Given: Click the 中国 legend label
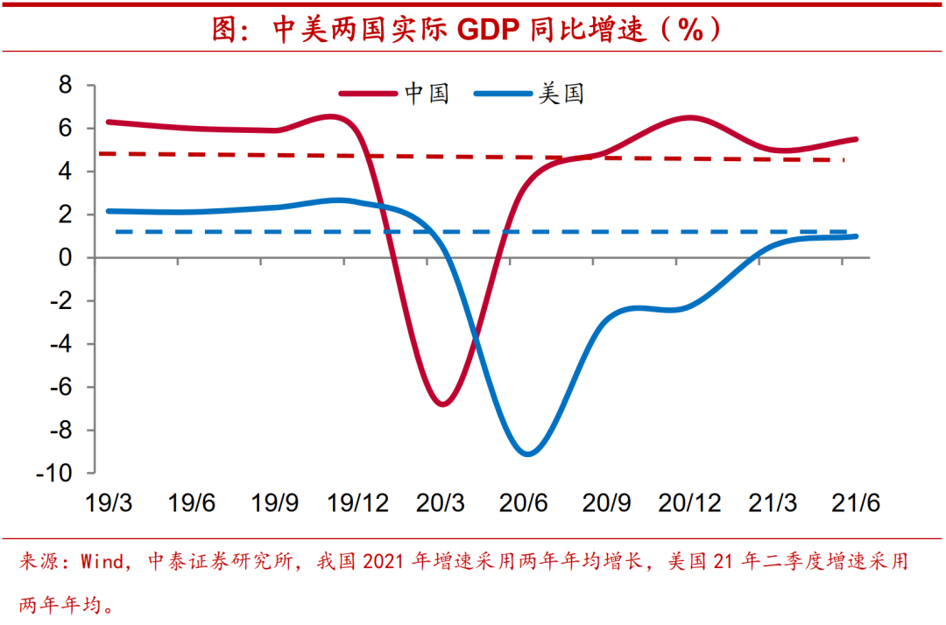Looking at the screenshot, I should pyautogui.click(x=427, y=94).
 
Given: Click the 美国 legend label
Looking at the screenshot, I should pyautogui.click(x=561, y=94).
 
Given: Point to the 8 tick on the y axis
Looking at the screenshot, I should pyautogui.click(x=65, y=86).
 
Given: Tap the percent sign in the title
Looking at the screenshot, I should pyautogui.click(x=689, y=30).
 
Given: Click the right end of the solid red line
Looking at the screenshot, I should pyautogui.click(x=856, y=139).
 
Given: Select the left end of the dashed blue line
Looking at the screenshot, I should pyautogui.click(x=116, y=232).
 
